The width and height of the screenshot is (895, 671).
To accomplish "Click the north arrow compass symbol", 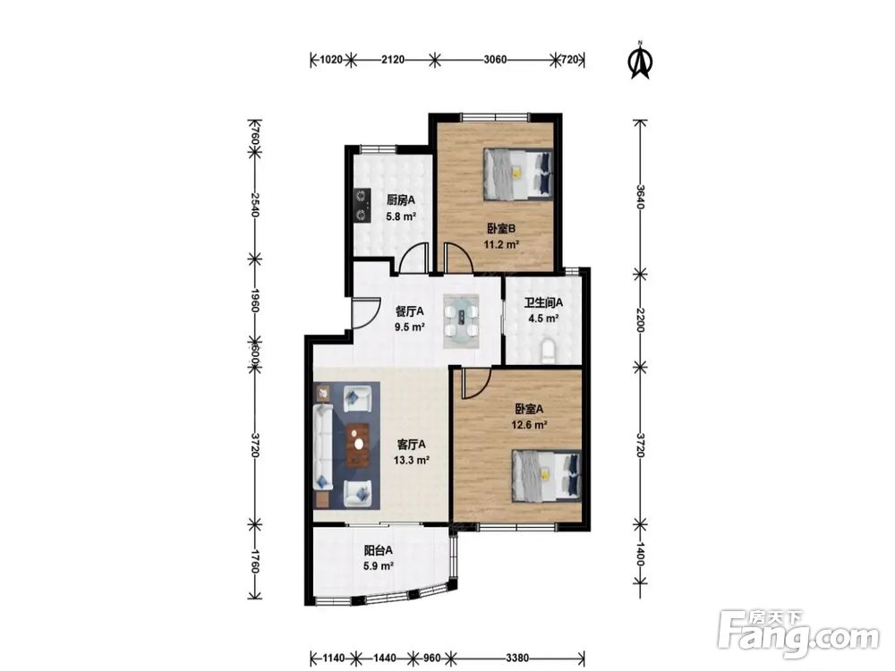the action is pyautogui.click(x=641, y=59).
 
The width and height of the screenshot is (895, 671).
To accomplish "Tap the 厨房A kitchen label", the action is pyautogui.click(x=401, y=200).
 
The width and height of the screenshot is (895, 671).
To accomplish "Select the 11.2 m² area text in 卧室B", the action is pyautogui.click(x=501, y=245).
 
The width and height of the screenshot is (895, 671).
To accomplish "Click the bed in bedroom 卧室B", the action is pyautogui.click(x=518, y=174).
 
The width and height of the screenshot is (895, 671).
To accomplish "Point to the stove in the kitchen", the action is pyautogui.click(x=361, y=205).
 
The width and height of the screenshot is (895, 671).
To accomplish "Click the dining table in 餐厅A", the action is pyautogui.click(x=461, y=321).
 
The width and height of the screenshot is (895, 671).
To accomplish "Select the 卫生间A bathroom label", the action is pyautogui.click(x=543, y=302).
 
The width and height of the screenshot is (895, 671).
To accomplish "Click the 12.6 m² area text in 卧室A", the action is pyautogui.click(x=530, y=424).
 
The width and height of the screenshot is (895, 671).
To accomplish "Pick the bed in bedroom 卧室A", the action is pyautogui.click(x=547, y=476).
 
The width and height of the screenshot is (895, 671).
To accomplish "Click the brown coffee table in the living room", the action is pyautogui.click(x=358, y=445).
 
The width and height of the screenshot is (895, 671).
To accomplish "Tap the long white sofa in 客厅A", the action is pyautogui.click(x=323, y=447).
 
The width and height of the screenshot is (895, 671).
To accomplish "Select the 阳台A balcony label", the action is pyautogui.click(x=379, y=550).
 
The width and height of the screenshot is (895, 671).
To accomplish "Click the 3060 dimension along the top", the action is pyautogui.click(x=495, y=59).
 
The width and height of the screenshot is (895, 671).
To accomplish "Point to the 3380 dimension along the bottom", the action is pyautogui.click(x=517, y=658).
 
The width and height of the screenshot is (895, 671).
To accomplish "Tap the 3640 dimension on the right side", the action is pyautogui.click(x=641, y=197).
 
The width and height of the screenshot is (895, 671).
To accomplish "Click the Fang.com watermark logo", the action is pyautogui.click(x=798, y=633).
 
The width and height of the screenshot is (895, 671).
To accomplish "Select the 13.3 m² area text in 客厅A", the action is pyautogui.click(x=412, y=460).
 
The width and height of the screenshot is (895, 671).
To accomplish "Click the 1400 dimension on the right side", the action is pyautogui.click(x=641, y=554).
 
